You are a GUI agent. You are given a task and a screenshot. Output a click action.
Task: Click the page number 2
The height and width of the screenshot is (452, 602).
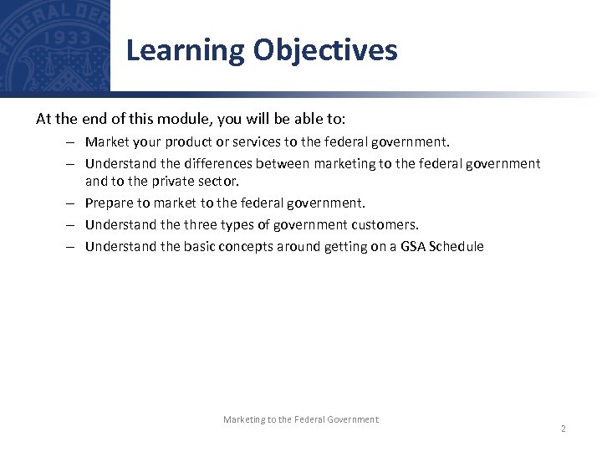563,429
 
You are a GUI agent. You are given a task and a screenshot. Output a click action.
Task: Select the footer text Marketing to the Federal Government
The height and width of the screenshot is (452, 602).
300,419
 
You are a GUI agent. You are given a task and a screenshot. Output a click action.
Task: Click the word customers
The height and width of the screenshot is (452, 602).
384,224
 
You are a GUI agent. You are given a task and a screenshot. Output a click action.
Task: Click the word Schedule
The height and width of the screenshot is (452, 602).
456,246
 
